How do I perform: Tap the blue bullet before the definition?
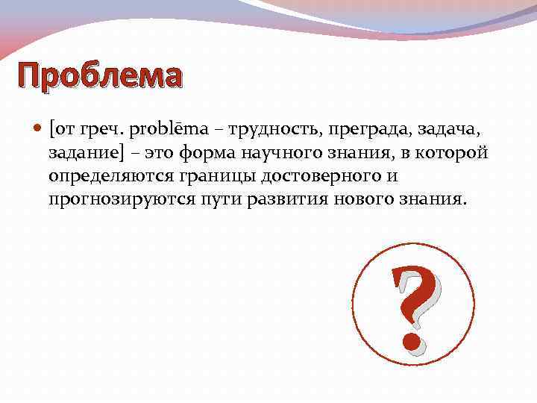pyautogui.click(x=38, y=130)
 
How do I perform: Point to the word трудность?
pyautogui.click(x=271, y=130)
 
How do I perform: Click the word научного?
pyautogui.click(x=273, y=154)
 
